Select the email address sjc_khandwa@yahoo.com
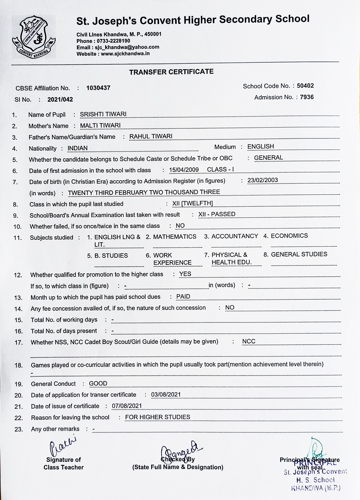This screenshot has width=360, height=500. click(x=127, y=47)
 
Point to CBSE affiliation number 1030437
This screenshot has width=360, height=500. click(x=98, y=88)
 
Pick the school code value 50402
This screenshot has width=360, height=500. click(x=305, y=86)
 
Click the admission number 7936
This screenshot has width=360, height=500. click(x=307, y=97)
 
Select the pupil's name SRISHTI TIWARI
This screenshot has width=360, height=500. click(x=103, y=114)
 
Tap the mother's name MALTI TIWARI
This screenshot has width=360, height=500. click(x=100, y=126)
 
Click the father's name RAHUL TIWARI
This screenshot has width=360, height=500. click(x=151, y=136)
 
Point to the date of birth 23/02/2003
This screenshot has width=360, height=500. click(x=263, y=180)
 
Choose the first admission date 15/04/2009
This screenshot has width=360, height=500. click(x=184, y=170)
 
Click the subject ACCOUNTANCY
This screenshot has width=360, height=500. click(x=235, y=236)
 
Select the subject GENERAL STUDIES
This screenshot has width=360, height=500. click(x=299, y=254)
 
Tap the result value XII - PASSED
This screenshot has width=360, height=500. click(x=217, y=214)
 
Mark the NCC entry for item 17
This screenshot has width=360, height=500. click(x=249, y=341)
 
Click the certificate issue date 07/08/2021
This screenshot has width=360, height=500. click(x=127, y=406)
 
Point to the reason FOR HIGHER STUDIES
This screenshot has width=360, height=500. click(x=157, y=417)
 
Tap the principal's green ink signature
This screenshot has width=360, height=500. click(x=316, y=447)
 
